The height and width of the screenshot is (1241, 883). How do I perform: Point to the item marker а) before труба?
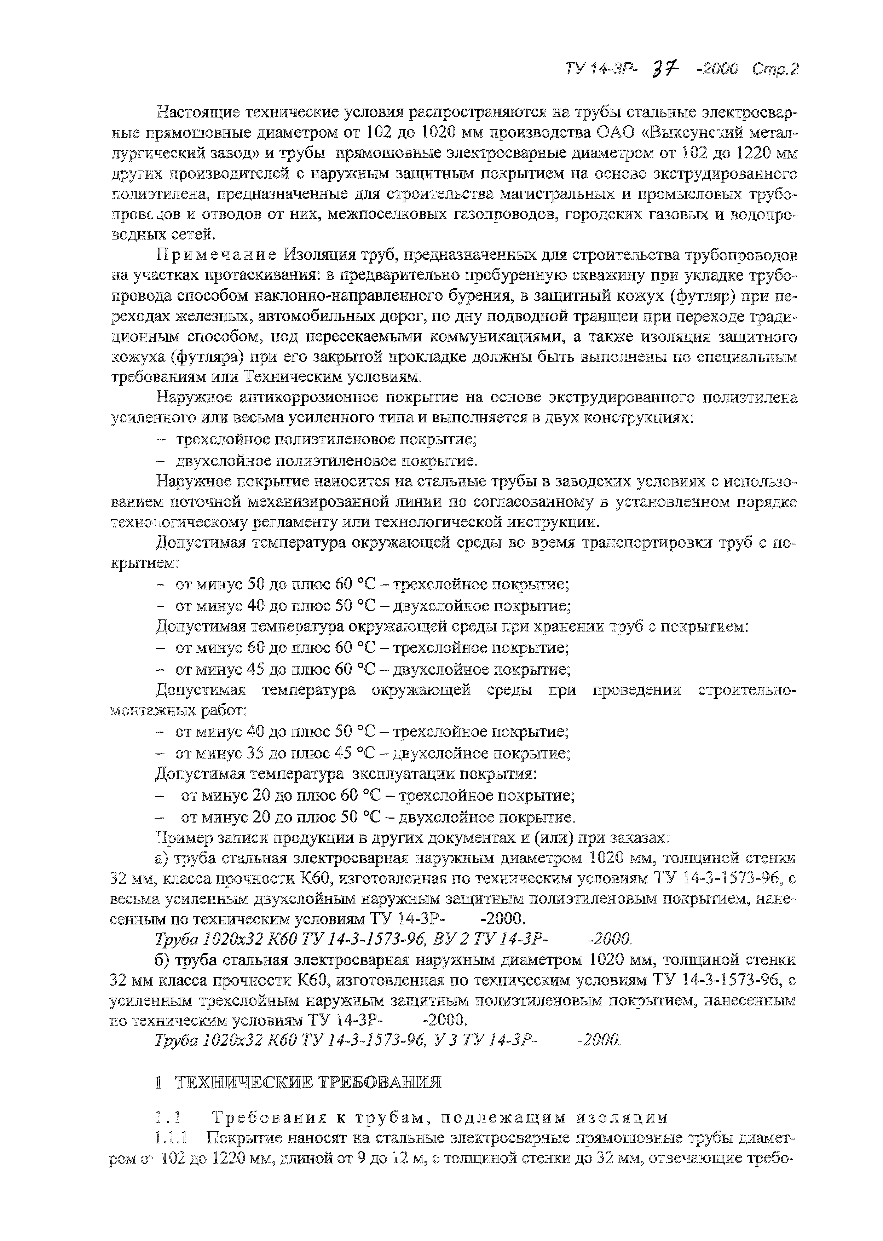(161, 859)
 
